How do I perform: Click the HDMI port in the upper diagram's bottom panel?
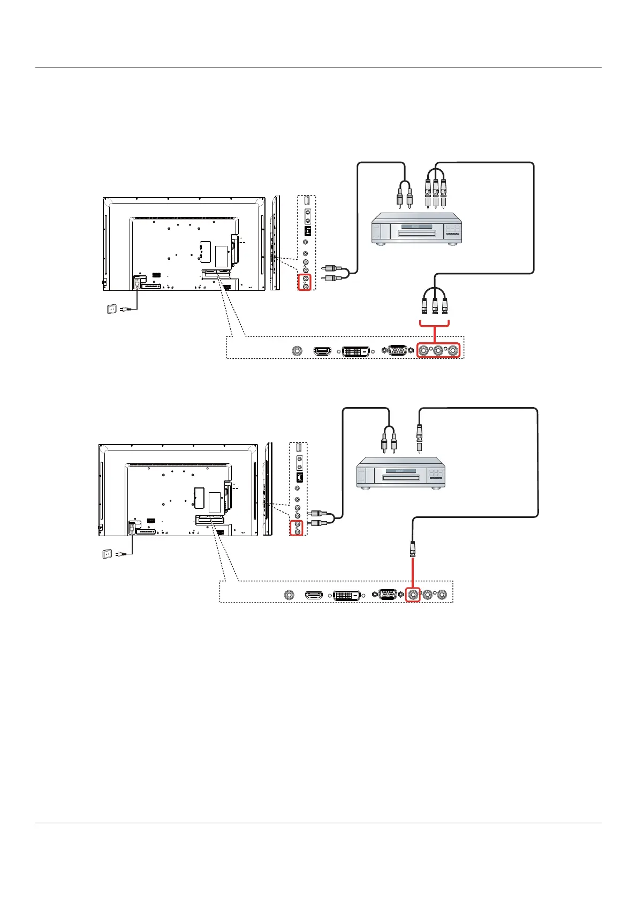(322, 351)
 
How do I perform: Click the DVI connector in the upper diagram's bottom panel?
(356, 351)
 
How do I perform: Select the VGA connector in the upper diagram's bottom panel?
(396, 351)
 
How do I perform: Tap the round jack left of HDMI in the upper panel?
(298, 351)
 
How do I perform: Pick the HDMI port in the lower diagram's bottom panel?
(314, 595)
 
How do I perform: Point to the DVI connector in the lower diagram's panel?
(347, 595)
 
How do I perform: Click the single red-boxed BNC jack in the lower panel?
(413, 594)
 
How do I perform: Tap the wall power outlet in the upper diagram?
(112, 309)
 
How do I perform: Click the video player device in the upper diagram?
(418, 229)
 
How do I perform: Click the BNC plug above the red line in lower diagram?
(413, 548)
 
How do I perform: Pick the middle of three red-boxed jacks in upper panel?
(438, 351)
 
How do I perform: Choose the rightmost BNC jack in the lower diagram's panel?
(442, 594)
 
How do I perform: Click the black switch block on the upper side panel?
(307, 231)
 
